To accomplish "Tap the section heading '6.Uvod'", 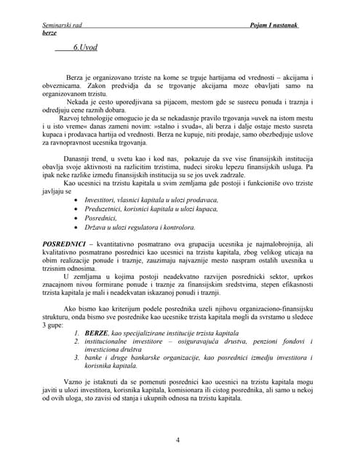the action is click(x=86, y=47).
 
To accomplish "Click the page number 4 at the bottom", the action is click(x=178, y=440).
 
